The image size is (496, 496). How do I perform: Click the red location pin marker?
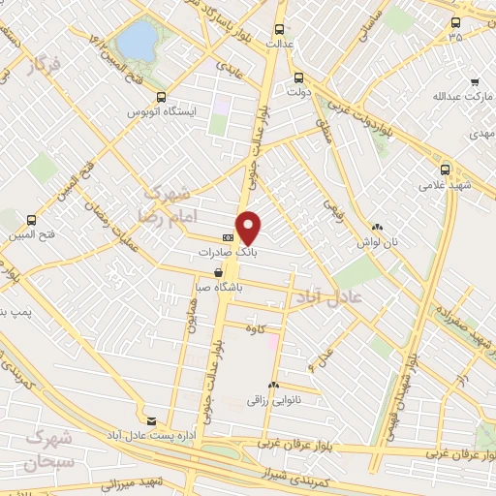click(249, 228)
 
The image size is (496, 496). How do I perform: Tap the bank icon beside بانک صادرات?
click(228, 237)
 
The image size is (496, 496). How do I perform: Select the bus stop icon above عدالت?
click(281, 29)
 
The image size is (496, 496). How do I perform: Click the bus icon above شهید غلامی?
click(428, 166)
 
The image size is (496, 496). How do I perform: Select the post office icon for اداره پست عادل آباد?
click(150, 420)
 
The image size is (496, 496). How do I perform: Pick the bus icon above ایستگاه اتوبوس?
click(160, 97)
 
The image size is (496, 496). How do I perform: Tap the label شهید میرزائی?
click(110, 482)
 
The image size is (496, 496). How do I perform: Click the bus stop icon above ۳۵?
click(455, 21)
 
